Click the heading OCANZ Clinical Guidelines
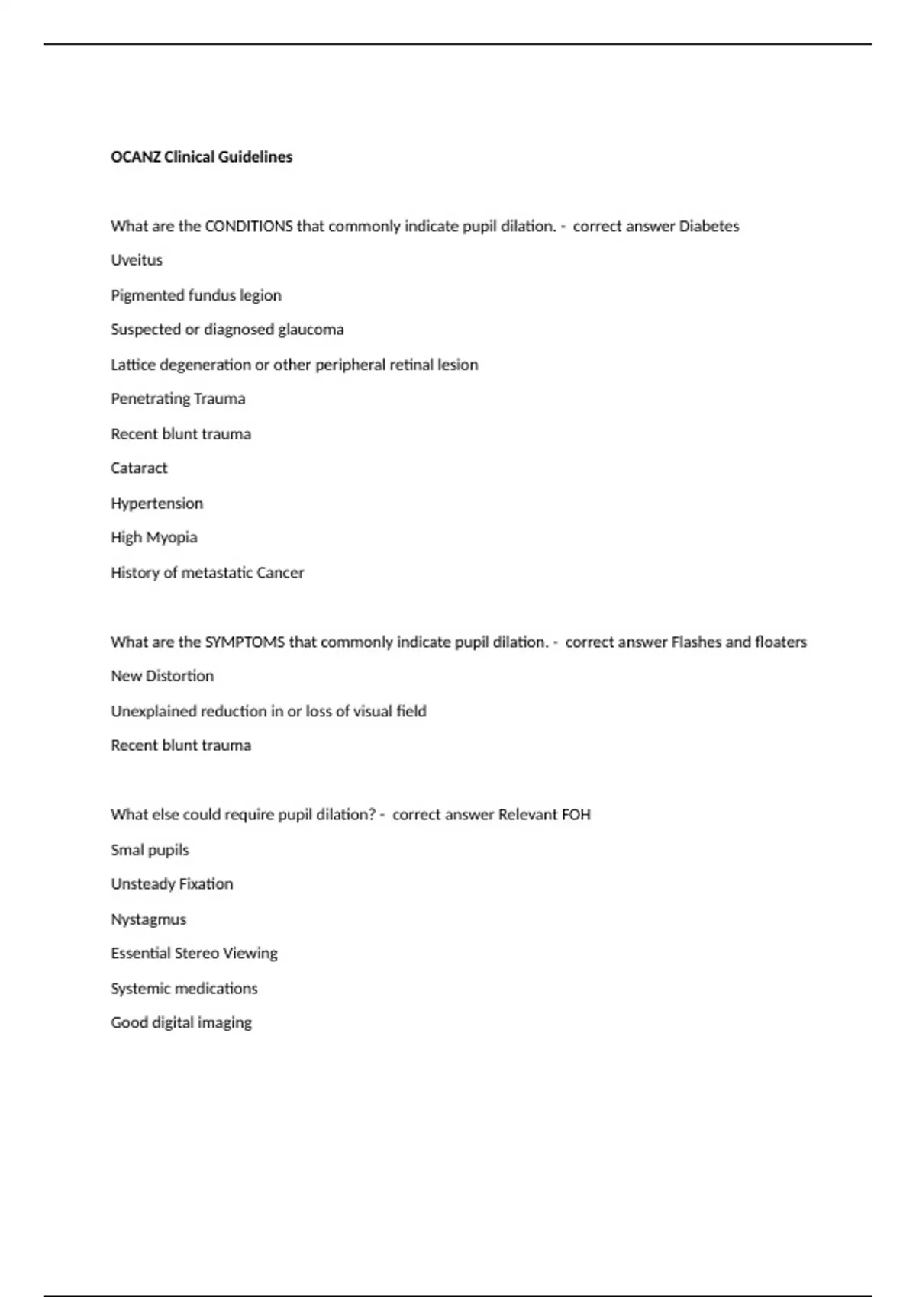point(202,156)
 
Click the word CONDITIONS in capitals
point(249,226)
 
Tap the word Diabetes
point(709,226)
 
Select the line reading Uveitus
point(137,260)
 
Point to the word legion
point(260,295)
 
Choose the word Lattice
point(132,365)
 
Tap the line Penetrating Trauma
point(178,399)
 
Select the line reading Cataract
point(139,468)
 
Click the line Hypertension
point(157,504)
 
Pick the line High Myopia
point(154,538)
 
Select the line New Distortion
point(163,676)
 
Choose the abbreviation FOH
point(576,815)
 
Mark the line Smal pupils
point(150,850)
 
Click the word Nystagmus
point(149,919)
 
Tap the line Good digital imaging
point(182,1023)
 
